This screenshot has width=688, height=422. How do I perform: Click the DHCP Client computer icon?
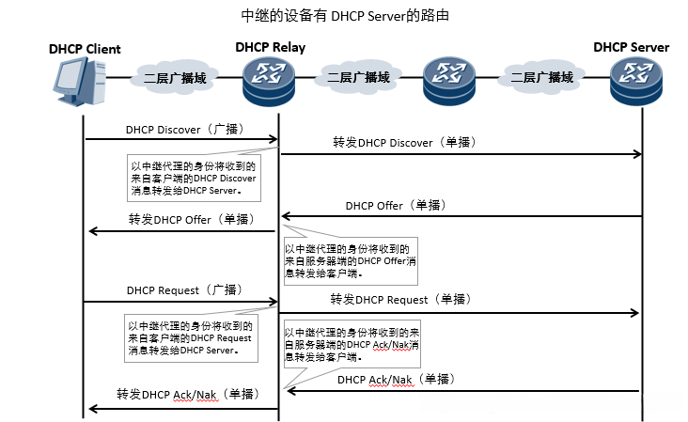tap(79, 83)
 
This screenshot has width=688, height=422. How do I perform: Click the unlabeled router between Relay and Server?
tap(447, 80)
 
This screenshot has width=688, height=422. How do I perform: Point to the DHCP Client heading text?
tap(85, 49)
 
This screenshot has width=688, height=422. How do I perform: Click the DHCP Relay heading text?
tap(270, 48)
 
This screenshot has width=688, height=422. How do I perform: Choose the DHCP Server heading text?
tap(631, 48)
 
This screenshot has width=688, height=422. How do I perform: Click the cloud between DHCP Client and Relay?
tap(175, 78)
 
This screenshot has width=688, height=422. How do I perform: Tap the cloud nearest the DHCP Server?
tap(540, 78)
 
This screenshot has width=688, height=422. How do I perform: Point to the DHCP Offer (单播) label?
tap(396, 205)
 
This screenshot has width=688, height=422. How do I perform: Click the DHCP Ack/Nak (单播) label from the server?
tap(396, 380)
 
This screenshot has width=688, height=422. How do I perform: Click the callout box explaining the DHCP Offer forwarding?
tap(350, 262)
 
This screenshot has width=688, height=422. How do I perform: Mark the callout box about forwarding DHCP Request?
tap(193, 336)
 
